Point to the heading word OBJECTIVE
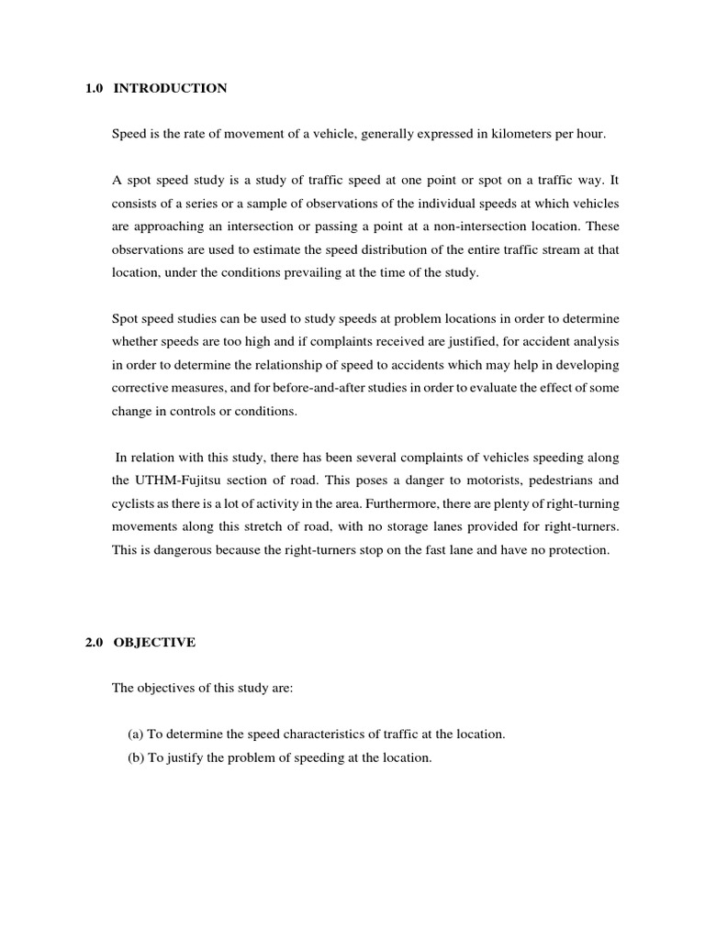(x=155, y=642)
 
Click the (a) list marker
(x=136, y=735)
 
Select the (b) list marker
(x=136, y=758)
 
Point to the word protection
(x=578, y=549)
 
